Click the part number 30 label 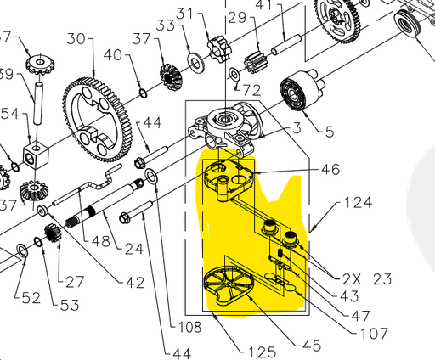(x=76, y=39)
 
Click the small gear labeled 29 (x=256, y=62)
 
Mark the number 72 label (x=251, y=89)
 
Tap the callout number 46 (x=328, y=170)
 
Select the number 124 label (x=359, y=204)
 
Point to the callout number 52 (x=31, y=298)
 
